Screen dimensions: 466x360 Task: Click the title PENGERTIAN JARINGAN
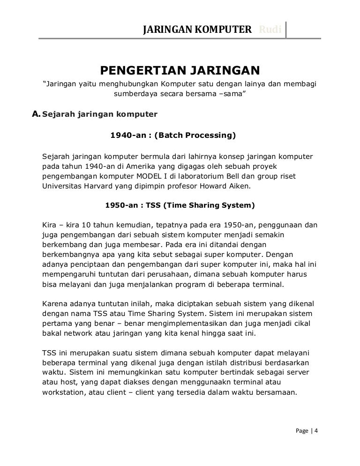(180, 71)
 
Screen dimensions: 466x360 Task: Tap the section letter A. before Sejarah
(35, 113)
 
